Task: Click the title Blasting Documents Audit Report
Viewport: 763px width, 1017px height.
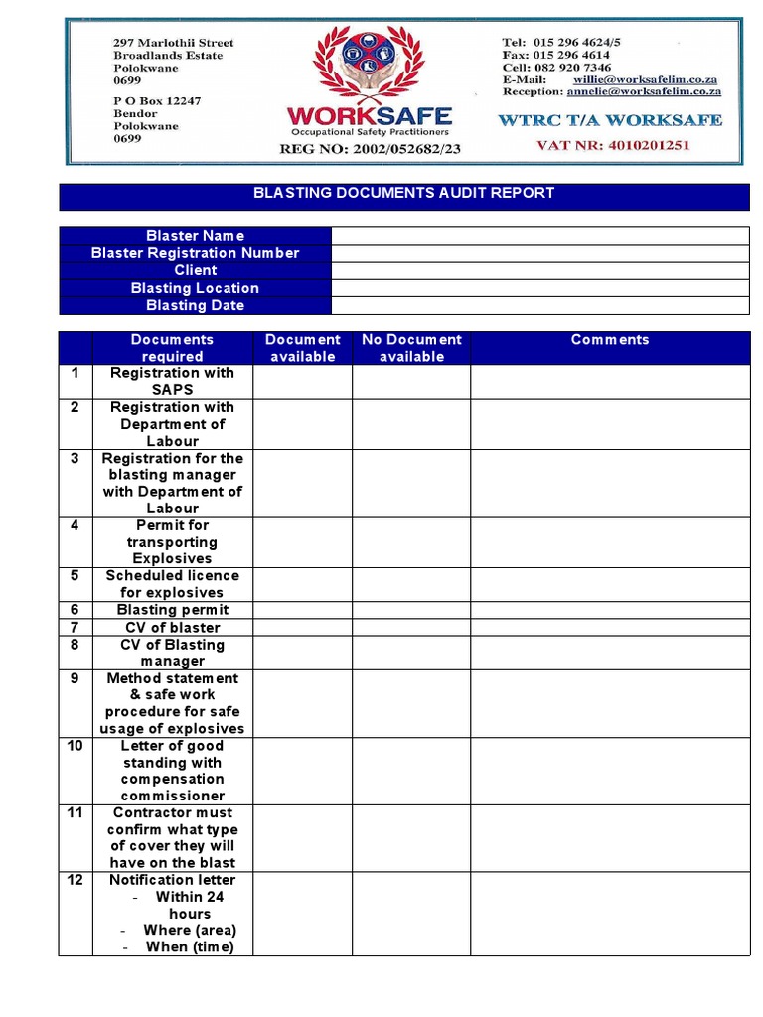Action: [403, 194]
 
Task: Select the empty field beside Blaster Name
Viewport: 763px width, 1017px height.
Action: [539, 236]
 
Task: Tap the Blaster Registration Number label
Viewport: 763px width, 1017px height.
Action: [195, 253]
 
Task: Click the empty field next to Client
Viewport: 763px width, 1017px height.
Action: [539, 271]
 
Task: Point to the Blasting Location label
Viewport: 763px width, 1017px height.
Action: [195, 288]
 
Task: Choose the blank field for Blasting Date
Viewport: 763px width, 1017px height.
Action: [539, 305]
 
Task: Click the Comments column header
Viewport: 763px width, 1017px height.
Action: [610, 340]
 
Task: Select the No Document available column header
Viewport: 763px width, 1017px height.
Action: [411, 348]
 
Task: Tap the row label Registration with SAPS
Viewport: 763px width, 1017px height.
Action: [172, 382]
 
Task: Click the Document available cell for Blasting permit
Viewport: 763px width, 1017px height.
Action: [302, 610]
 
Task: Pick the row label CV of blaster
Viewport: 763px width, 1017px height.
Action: [172, 628]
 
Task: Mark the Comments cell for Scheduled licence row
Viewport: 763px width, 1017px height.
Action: [610, 584]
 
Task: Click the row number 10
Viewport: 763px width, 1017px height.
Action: [75, 746]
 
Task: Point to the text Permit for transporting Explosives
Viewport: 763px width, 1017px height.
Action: [172, 542]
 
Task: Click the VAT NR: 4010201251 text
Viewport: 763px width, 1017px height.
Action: [612, 145]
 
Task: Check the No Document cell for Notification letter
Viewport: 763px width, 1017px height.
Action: [411, 914]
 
